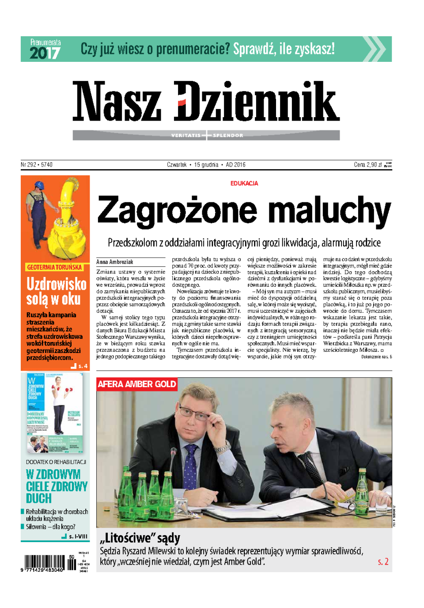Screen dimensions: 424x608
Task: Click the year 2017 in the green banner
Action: click(45, 53)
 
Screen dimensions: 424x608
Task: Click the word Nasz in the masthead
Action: click(117, 101)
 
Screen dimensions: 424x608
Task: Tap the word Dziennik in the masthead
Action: click(257, 101)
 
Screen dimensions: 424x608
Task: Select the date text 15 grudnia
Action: click(206, 165)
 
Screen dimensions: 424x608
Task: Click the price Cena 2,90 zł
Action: click(367, 165)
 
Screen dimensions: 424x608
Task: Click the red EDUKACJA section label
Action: click(244, 183)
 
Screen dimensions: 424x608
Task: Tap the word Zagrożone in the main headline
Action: click(177, 210)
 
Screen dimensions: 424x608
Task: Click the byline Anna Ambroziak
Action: click(115, 262)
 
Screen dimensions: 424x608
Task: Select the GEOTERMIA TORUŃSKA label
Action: click(54, 267)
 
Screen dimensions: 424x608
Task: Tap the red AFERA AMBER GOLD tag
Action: click(137, 384)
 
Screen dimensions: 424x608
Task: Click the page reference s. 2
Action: click(383, 562)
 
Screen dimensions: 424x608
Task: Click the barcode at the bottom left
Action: click(44, 562)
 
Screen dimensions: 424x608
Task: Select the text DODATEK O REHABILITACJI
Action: click(56, 462)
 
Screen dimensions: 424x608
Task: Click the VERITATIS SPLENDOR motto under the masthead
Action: click(207, 135)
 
